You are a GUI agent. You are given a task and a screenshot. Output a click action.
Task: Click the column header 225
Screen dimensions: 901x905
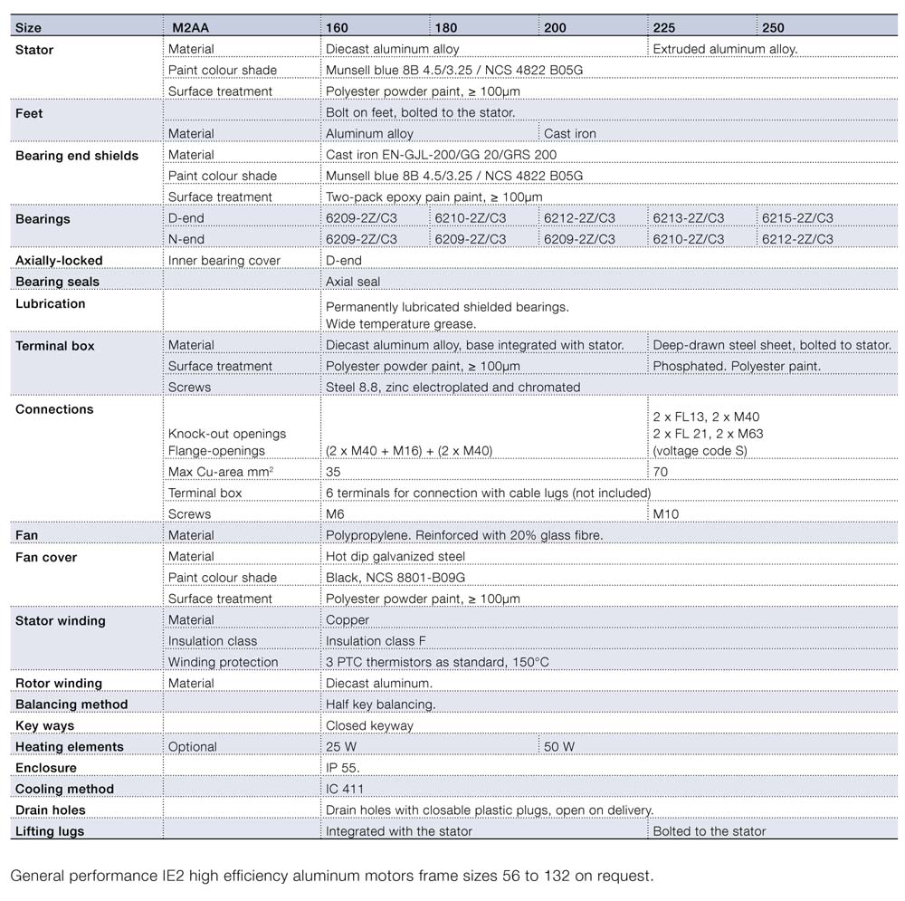pos(664,28)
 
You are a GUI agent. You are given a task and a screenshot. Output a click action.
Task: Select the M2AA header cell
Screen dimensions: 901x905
pos(191,28)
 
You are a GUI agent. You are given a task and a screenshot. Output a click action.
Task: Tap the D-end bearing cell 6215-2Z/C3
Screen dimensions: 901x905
pos(797,218)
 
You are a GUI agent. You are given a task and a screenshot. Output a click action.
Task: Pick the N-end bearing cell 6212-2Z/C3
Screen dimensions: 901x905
pos(797,239)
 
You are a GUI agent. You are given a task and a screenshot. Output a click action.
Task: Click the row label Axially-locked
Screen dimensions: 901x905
pos(59,261)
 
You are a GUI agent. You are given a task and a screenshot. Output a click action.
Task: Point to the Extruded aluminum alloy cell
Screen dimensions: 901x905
pos(725,49)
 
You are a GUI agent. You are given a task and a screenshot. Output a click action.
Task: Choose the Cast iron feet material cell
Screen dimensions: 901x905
pos(570,134)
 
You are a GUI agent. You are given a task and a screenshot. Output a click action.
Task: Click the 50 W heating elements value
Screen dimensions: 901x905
pos(559,747)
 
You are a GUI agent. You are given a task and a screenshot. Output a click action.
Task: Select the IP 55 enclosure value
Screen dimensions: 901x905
pos(343,768)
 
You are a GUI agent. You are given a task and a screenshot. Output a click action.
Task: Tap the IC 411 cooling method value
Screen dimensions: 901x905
pos(345,789)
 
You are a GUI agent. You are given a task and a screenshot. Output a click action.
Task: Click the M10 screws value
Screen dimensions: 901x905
pos(666,514)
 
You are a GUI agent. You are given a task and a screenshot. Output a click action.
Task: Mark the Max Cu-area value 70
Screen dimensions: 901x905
pos(661,472)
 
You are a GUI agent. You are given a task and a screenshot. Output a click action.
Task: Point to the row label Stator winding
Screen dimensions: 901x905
pos(61,621)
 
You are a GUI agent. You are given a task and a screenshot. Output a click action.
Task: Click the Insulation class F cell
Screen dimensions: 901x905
pos(376,641)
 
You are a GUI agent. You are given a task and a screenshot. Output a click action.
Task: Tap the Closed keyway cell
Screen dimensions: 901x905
pos(369,725)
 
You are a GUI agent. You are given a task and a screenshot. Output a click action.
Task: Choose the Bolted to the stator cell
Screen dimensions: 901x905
pos(710,831)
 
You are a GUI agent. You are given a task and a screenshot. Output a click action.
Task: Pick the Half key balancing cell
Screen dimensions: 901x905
pos(380,705)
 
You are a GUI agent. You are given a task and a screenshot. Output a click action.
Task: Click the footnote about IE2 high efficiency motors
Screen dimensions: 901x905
pos(331,876)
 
